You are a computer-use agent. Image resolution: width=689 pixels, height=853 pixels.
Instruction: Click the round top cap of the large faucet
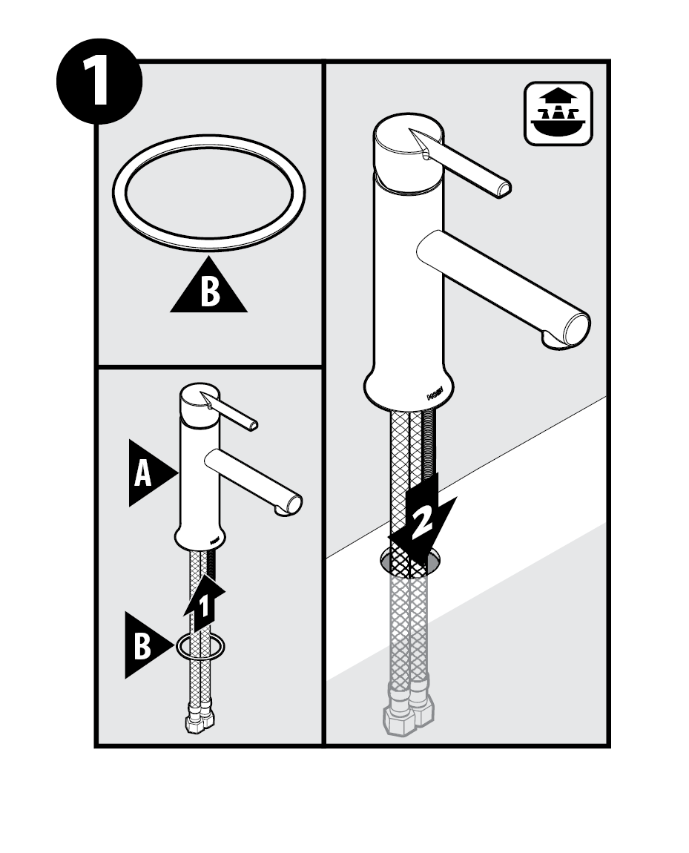click(x=408, y=145)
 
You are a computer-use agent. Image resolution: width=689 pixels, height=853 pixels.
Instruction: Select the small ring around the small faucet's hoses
click(x=201, y=648)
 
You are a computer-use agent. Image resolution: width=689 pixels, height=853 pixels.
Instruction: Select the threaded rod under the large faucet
click(x=432, y=445)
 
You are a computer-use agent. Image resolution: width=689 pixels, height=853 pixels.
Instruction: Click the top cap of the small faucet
click(x=199, y=399)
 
